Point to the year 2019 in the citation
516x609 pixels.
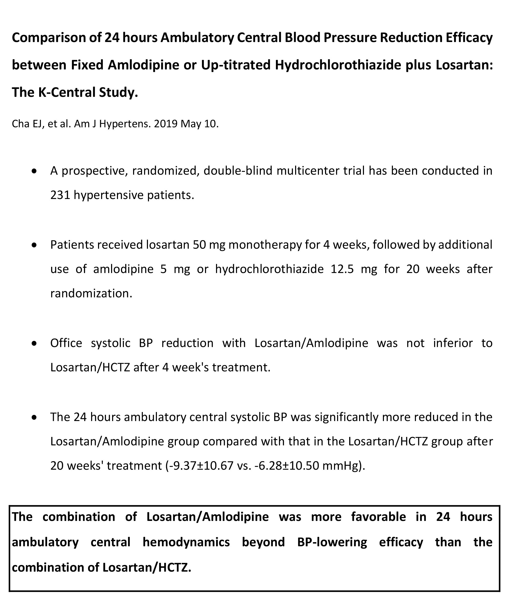[166, 124]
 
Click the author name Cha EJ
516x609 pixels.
[26, 124]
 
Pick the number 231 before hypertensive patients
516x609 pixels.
[60, 195]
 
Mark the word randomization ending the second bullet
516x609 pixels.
[91, 293]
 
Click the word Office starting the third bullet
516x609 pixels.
[66, 343]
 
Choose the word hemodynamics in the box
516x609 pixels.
[186, 542]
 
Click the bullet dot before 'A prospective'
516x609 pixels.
[35, 171]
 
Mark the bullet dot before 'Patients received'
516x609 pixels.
[35, 245]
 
